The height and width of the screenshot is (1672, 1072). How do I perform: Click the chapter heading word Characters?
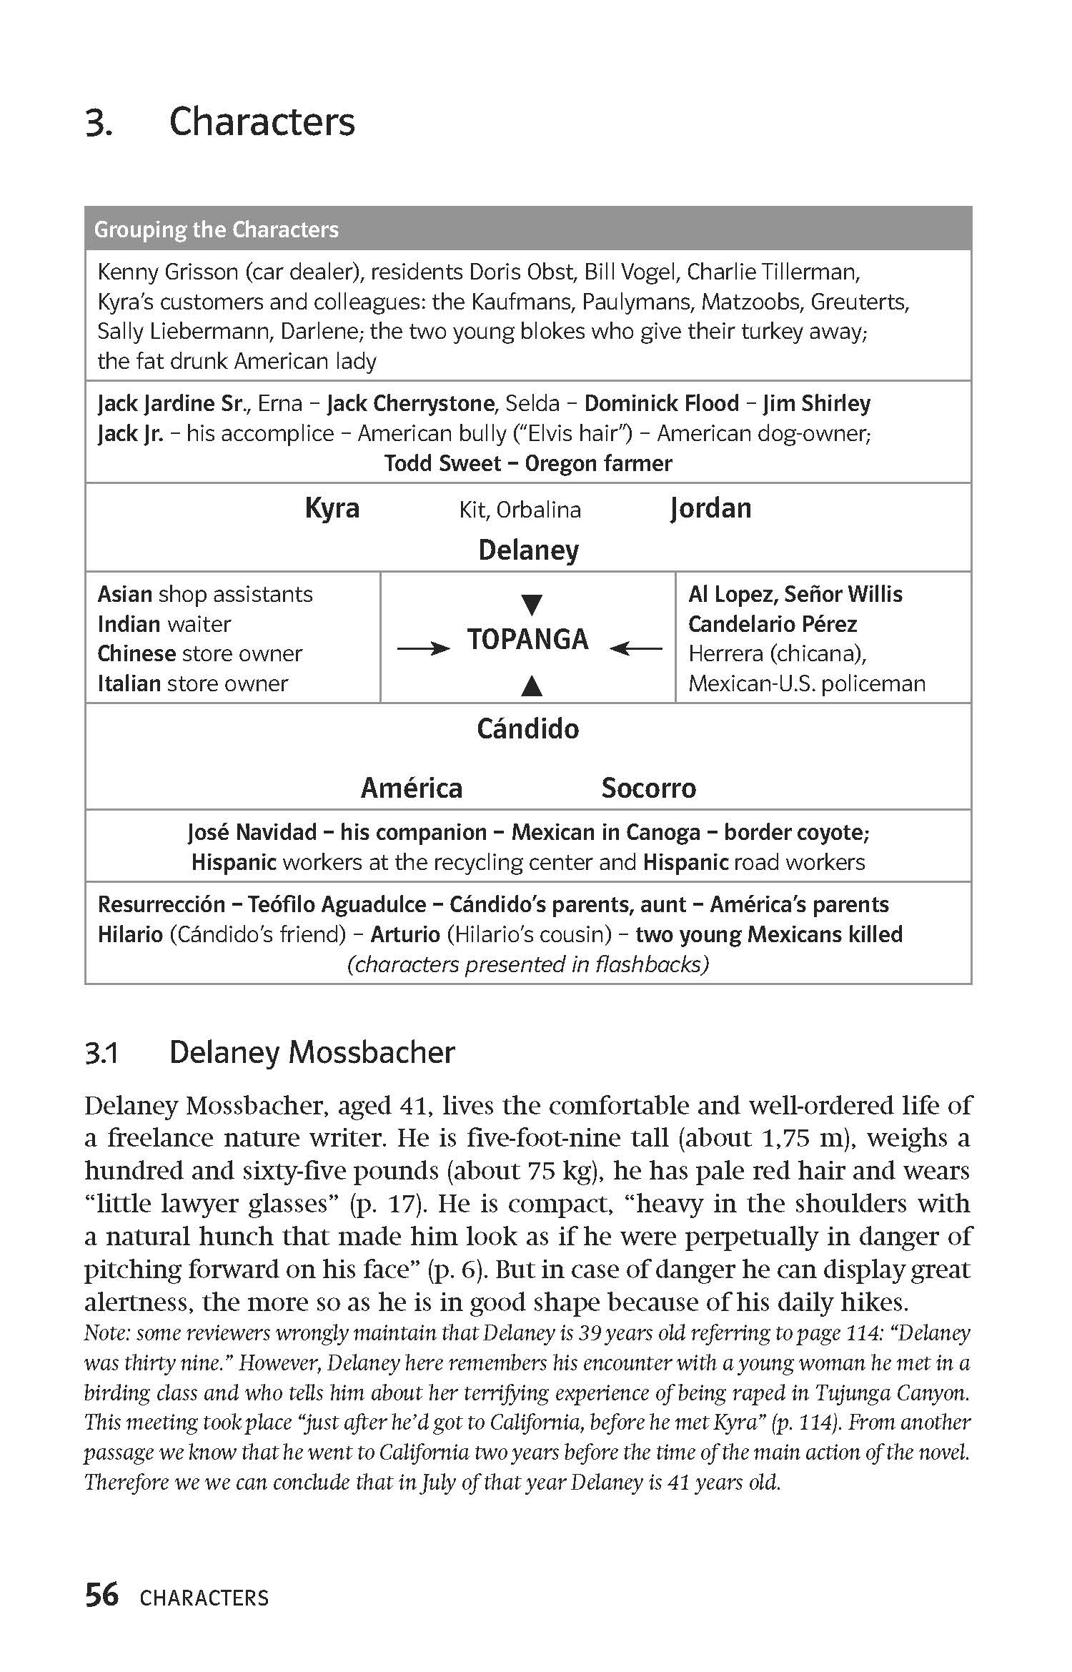click(262, 122)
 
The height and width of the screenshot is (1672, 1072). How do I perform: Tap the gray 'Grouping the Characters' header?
click(217, 229)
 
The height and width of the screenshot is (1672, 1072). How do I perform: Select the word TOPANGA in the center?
click(527, 639)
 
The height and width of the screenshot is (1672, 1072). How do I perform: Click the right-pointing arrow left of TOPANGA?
click(423, 648)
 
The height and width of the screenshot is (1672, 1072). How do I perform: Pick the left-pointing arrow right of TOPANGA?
click(636, 648)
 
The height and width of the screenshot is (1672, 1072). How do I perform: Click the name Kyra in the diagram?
click(332, 509)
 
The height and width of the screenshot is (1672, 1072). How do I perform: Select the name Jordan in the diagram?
click(710, 509)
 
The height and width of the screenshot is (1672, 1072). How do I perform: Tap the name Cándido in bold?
click(527, 729)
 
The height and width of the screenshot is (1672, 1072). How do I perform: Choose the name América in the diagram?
click(412, 788)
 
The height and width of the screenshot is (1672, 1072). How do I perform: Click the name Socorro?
click(648, 788)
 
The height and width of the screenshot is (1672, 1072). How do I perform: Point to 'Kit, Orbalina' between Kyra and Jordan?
click(520, 510)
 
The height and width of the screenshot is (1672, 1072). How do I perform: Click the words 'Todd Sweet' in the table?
click(442, 464)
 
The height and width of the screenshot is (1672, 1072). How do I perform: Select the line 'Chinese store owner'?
click(200, 654)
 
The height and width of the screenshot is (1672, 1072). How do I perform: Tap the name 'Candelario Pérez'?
click(772, 624)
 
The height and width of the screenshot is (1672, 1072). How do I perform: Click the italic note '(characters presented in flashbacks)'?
click(527, 965)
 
